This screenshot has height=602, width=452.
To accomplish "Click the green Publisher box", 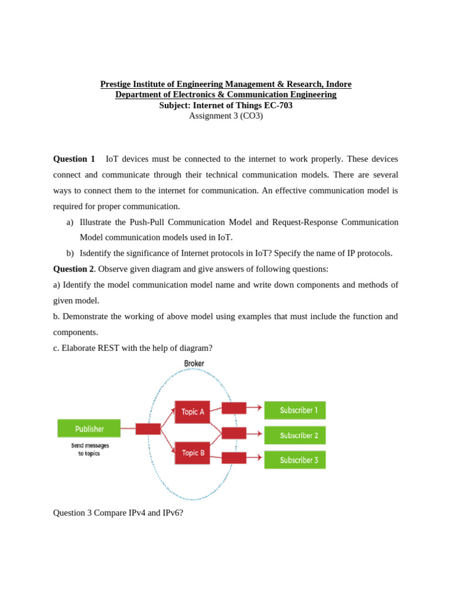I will click(89, 429).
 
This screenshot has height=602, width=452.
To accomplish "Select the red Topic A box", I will click(192, 412).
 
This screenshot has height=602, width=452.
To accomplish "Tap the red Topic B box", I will click(192, 453).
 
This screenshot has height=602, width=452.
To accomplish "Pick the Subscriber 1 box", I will click(295, 410).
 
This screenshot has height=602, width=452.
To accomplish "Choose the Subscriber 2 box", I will click(295, 436).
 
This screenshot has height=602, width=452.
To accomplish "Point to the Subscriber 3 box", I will click(295, 460).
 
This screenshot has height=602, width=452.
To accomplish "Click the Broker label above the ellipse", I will click(194, 363).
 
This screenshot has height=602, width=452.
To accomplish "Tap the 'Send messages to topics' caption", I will click(90, 450).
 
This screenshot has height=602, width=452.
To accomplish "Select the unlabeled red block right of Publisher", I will click(148, 429).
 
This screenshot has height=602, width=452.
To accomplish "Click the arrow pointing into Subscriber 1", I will click(254, 407).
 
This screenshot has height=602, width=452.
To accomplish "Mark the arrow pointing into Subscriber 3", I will click(254, 457).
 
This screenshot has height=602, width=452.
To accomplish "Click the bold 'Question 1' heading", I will click(74, 159).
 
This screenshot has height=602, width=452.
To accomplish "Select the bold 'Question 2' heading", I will click(74, 269).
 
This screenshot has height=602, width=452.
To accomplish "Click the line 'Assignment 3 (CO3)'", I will click(226, 116).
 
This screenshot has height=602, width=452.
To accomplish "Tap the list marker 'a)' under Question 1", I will click(70, 222).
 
